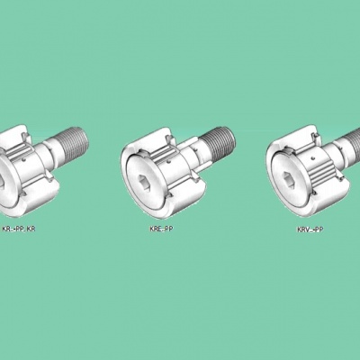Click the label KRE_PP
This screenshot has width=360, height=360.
tap(161, 229)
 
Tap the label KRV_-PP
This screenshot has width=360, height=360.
tap(310, 229)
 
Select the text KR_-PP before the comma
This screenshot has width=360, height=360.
tap(13, 229)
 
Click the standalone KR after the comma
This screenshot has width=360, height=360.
tap(31, 229)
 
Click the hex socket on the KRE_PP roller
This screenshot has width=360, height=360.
tap(143, 182)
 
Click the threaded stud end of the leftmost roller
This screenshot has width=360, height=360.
tap(75, 140)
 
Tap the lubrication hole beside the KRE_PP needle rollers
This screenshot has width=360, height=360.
tap(168, 162)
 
